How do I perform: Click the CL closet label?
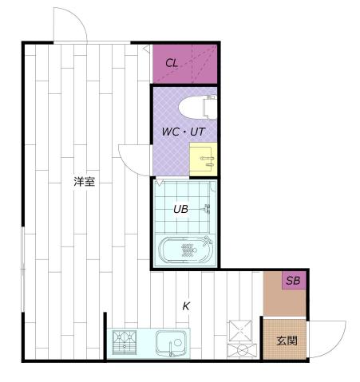pos(172,62)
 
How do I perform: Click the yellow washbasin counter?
pos(204,160)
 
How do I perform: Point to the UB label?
pos(181,210)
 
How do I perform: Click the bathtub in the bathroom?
pos(185,250)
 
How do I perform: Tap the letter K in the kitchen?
pos(186,305)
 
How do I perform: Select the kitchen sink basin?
pos(170,344)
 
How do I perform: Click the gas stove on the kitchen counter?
pos(125,344)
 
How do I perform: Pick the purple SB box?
pos(294,281)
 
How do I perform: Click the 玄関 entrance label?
pos(287,341)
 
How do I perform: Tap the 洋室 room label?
pos(85,182)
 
